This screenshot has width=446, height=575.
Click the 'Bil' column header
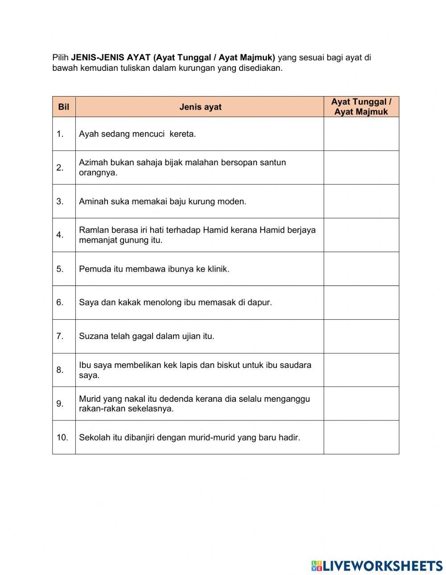click(x=64, y=107)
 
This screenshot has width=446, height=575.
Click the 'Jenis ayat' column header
click(x=200, y=107)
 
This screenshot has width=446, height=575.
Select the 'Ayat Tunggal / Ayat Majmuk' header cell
click(x=361, y=107)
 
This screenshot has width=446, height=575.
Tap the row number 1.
click(x=60, y=134)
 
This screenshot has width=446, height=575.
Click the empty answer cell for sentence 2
click(x=361, y=167)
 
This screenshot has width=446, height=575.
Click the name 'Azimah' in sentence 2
click(x=93, y=163)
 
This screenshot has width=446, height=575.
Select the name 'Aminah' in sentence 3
click(x=92, y=201)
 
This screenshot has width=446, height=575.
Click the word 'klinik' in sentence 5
click(x=217, y=269)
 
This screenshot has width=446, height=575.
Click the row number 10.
click(x=62, y=437)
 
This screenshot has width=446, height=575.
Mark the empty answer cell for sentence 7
click(x=361, y=336)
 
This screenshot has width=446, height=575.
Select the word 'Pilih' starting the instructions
click(x=61, y=57)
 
